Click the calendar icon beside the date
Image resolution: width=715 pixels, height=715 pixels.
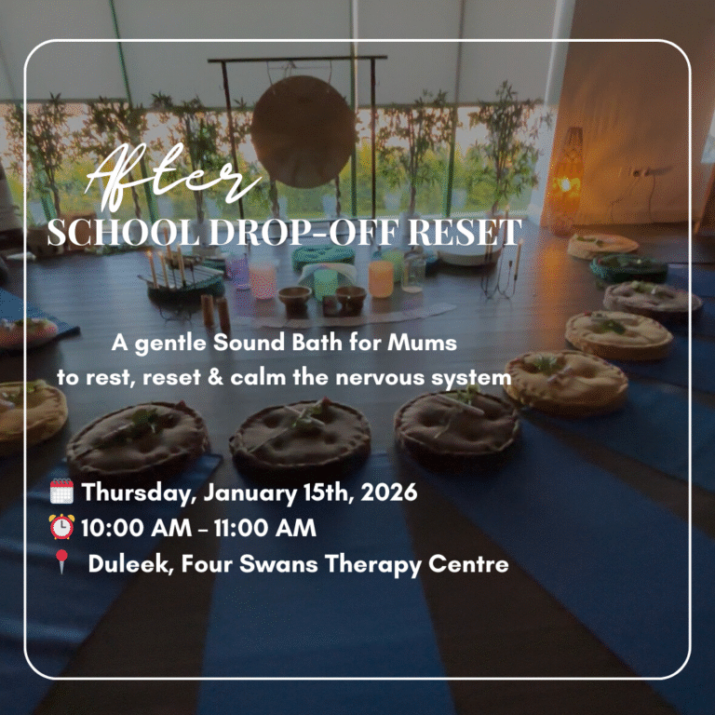tap(61, 491)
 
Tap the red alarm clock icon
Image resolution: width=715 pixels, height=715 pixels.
tap(61, 527)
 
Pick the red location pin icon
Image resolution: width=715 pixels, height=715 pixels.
tap(61, 563)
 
